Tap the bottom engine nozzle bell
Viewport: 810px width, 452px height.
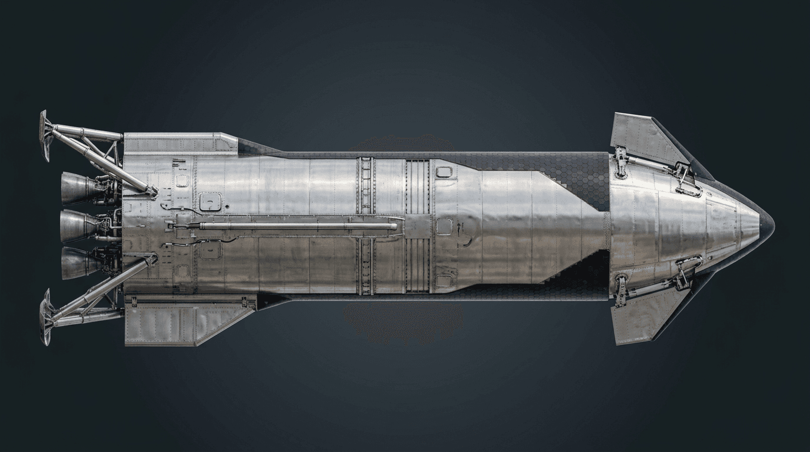click(x=77, y=262)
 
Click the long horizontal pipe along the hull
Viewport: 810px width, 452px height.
click(x=294, y=225)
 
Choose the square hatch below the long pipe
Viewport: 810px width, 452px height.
click(x=209, y=250)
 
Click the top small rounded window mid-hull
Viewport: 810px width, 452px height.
click(x=444, y=172)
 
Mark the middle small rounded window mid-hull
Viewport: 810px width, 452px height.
click(x=444, y=226)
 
